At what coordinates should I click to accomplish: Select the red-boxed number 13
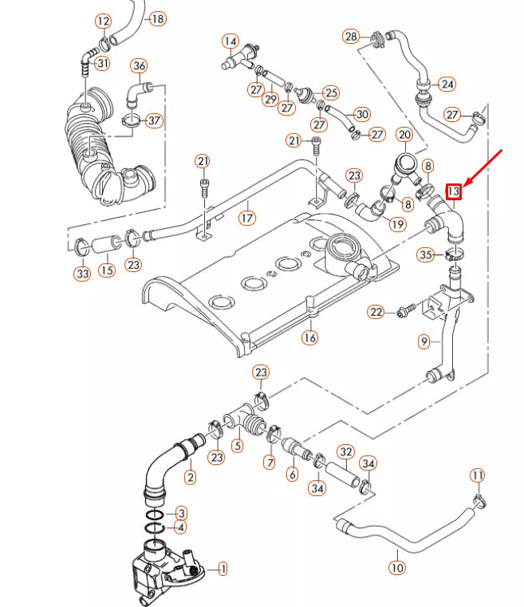[454, 191]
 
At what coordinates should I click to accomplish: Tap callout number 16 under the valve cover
[309, 337]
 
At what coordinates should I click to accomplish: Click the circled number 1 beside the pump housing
[223, 569]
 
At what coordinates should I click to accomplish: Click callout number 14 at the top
[230, 41]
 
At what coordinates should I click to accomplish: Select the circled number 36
[139, 65]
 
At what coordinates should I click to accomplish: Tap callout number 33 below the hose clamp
[82, 274]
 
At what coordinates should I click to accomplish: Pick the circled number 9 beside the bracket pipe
[424, 341]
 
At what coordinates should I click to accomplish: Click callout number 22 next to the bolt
[376, 311]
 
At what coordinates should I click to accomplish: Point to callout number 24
[447, 84]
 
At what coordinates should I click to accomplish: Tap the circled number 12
[104, 21]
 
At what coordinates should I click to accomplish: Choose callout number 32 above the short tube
[345, 452]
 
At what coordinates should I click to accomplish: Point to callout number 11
[477, 476]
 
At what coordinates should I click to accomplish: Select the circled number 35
[427, 254]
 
